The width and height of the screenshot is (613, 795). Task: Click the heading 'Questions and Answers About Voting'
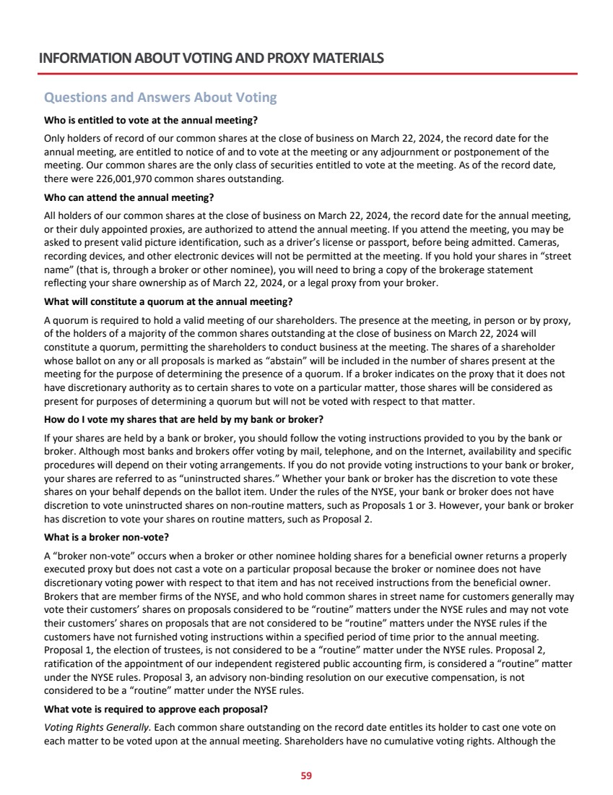pyautogui.click(x=160, y=98)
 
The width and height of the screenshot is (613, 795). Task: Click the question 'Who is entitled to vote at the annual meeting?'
pyautogui.click(x=151, y=119)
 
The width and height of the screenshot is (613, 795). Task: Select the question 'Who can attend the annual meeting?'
pyautogui.click(x=129, y=197)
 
